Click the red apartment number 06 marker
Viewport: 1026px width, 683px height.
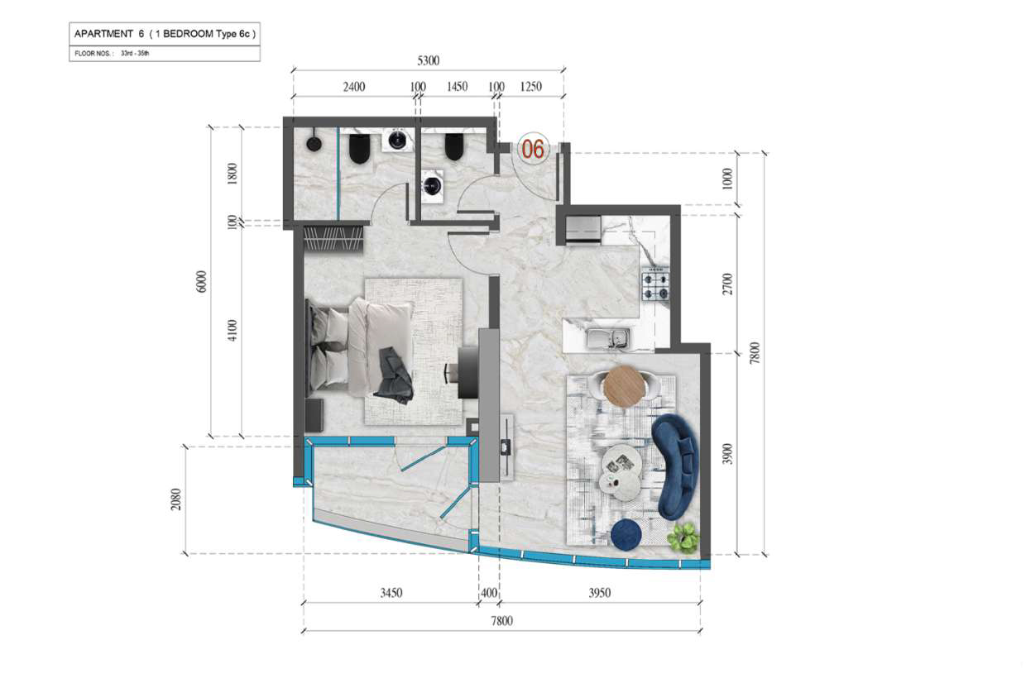pos(533,149)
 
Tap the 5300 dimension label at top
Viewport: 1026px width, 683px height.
pos(428,61)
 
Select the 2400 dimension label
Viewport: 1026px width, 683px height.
pos(354,87)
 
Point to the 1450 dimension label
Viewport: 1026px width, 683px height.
pos(457,87)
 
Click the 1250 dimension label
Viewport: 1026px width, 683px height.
pos(531,87)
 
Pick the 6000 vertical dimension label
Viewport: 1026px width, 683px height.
pos(202,281)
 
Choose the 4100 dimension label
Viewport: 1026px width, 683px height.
pos(233,330)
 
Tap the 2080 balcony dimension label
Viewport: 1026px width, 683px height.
pos(176,499)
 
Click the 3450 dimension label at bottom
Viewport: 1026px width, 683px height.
pos(391,593)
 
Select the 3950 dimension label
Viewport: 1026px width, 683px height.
pos(600,593)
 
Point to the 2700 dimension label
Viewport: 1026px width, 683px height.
pos(727,284)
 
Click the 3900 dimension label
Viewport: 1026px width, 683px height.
pos(727,454)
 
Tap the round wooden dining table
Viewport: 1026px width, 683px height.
pos(625,386)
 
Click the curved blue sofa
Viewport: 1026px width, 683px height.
pos(674,466)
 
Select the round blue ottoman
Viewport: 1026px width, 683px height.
pos(627,535)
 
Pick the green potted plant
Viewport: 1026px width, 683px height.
pos(683,538)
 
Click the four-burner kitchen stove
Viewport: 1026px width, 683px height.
pos(655,286)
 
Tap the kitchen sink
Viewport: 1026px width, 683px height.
pos(609,339)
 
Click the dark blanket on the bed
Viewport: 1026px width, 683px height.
pos(395,375)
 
